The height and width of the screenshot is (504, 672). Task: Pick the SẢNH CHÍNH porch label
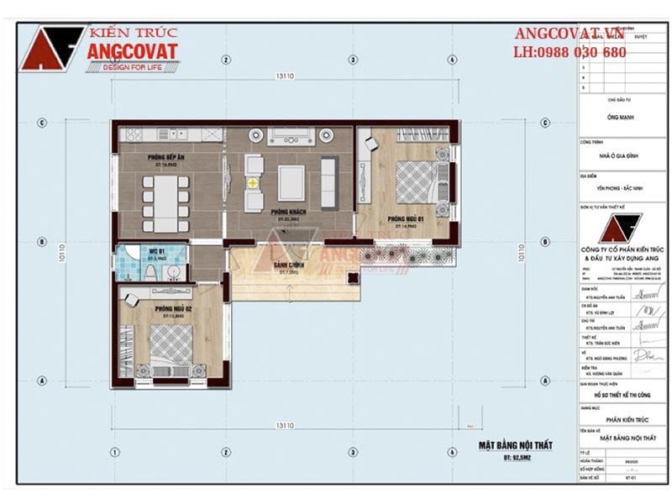click(289, 265)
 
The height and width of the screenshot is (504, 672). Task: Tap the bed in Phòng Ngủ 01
click(416, 181)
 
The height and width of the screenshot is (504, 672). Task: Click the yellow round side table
click(252, 181)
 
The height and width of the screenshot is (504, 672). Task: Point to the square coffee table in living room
click(291, 180)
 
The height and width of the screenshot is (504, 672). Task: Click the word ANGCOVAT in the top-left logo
click(132, 51)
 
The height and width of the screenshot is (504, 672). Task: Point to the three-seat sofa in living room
click(328, 181)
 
